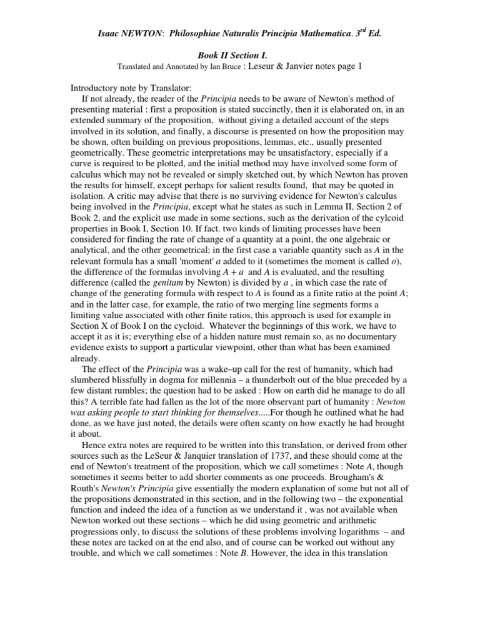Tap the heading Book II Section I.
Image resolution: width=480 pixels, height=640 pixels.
point(239,55)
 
